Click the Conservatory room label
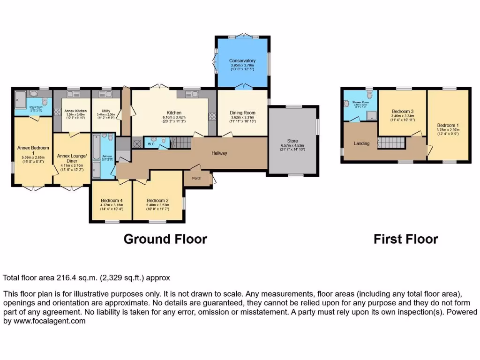coord(242,61)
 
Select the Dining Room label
coord(242,112)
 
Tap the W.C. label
coord(152,144)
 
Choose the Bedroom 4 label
coord(112,200)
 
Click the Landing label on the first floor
coord(361,143)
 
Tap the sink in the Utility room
coord(106,94)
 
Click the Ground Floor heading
coord(165,239)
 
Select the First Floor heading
coord(405,239)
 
